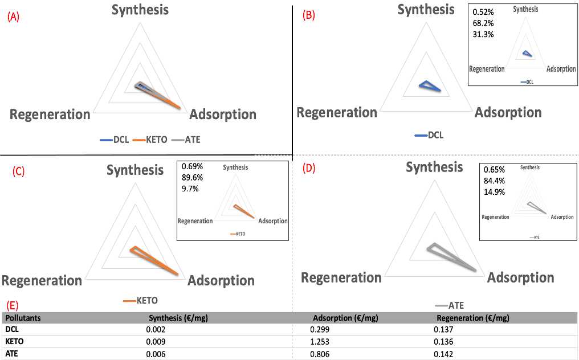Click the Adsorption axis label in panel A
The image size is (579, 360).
(x=222, y=114)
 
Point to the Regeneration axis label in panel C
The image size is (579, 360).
(x=42, y=280)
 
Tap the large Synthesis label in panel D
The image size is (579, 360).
(x=434, y=167)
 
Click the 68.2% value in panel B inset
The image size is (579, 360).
(x=483, y=23)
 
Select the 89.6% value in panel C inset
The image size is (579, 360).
(x=193, y=177)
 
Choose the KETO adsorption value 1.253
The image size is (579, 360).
(x=324, y=342)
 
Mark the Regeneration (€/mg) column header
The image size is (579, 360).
(x=472, y=318)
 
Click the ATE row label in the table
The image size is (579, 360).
(x=12, y=353)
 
